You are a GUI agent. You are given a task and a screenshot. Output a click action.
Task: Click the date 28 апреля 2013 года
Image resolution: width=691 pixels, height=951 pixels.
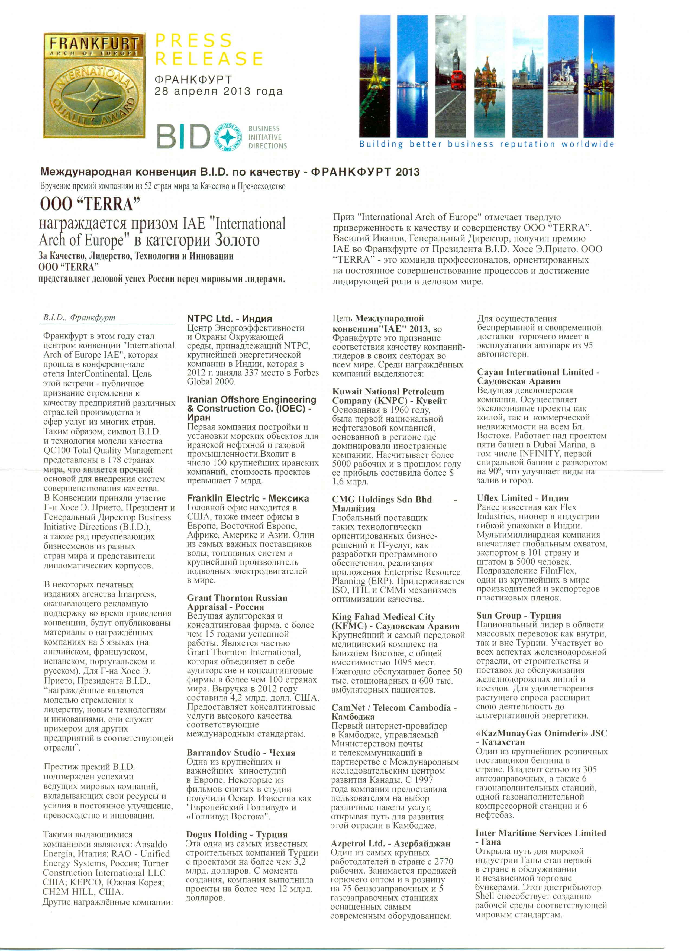218,91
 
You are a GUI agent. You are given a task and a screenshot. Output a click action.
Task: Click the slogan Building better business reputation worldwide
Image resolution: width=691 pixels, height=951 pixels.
486,144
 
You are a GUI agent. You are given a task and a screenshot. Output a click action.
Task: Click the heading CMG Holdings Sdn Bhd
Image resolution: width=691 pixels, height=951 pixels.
382,499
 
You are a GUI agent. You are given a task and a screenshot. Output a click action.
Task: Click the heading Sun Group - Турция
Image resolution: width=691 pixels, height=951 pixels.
518,615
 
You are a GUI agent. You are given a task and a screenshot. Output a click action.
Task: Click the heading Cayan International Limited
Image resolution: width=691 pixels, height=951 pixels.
538,372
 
